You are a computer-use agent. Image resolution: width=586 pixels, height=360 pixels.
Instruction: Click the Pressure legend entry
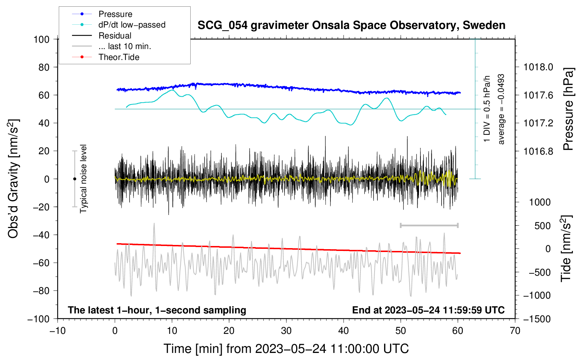coord(115,14)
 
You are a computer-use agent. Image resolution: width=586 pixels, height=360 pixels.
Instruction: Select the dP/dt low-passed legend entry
coord(132,25)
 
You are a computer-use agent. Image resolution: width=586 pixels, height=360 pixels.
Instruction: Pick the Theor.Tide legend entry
coord(119,57)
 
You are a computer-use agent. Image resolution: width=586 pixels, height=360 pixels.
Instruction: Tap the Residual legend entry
coord(115,36)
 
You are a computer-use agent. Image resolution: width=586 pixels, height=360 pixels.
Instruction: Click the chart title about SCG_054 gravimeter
coord(351,25)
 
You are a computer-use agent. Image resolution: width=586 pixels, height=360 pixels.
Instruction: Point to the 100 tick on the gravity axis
coord(41,39)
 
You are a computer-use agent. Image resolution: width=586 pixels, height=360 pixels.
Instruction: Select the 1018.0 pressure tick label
coord(538,67)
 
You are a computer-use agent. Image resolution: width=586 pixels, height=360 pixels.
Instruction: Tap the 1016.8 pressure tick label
coord(538,151)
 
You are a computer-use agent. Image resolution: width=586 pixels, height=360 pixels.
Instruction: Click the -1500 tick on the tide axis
coord(537,319)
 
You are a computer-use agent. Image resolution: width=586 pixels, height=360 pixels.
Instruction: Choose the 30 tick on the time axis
coord(286,331)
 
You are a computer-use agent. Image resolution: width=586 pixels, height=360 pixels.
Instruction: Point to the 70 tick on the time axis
coord(515,331)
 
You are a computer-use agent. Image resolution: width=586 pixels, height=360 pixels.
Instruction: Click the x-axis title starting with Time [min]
coord(286,349)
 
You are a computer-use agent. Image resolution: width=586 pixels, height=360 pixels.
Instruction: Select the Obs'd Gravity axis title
coord(13,179)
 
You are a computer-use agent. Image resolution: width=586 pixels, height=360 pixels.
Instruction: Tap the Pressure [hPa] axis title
coord(568,109)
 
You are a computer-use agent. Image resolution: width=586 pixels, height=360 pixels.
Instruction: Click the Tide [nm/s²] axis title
coord(566,248)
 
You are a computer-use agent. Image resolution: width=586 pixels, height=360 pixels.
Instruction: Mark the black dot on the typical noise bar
coord(74,179)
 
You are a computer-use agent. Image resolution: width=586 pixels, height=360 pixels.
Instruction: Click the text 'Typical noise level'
coord(83,179)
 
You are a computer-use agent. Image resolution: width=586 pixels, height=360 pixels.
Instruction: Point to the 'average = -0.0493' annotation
coord(501,109)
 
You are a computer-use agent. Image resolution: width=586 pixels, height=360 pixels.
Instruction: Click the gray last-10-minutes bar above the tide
coord(429,225)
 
